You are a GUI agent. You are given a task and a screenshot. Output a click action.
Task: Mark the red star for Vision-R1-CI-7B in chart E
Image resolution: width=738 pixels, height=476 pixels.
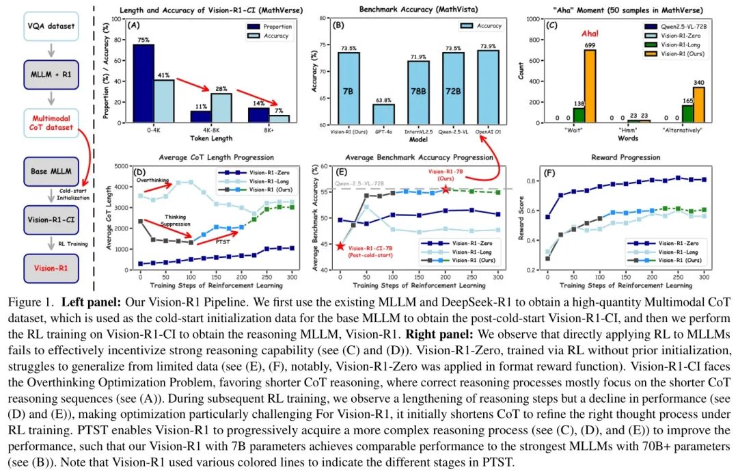click(340, 246)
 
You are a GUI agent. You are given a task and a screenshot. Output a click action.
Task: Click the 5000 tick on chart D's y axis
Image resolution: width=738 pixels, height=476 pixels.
click(124, 166)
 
